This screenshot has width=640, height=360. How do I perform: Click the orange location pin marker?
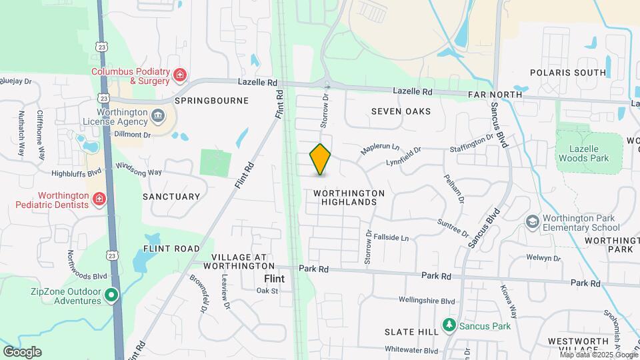pos(321,159)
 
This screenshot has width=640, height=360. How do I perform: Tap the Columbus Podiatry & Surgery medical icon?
pos(179,75)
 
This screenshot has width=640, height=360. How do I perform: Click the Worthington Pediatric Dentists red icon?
pos(99,199)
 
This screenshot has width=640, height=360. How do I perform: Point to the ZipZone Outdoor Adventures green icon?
pos(112,294)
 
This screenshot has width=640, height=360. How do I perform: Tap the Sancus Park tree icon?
pos(449,325)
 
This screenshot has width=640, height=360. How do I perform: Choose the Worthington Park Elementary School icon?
pos(532,221)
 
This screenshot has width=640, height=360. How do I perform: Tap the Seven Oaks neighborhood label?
pos(401,111)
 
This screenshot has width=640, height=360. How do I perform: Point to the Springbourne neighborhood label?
pos(211,101)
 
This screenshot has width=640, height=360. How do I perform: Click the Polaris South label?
pos(568,72)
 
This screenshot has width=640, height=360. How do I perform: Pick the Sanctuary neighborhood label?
pos(171,197)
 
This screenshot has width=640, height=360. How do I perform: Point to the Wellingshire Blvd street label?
pos(427,301)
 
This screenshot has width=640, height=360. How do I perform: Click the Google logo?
pos(22,352)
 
